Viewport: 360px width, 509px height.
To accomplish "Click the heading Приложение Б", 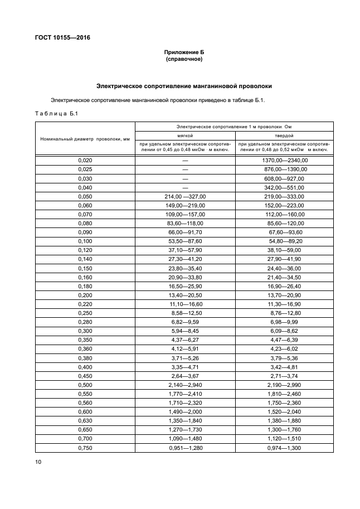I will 184,52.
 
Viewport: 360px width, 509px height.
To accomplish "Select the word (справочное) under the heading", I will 184,59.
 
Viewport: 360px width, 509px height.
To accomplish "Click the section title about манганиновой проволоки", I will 184,86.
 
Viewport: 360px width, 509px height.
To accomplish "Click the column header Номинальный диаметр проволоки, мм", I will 85,138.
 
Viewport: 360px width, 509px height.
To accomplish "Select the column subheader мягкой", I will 185,135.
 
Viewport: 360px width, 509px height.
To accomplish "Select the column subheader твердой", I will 285,135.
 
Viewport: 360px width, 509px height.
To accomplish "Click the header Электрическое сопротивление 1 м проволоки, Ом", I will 234,127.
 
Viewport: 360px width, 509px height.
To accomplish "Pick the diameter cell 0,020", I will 85,160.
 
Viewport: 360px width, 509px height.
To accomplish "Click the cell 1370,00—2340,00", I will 285,160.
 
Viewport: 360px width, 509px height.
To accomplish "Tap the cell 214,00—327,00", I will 185,196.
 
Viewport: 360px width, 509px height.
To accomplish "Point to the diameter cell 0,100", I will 85,241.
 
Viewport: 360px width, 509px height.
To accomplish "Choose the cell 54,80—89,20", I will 285,241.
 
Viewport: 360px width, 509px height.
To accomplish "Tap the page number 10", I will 38,462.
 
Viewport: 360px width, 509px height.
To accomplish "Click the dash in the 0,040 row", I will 185,187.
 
